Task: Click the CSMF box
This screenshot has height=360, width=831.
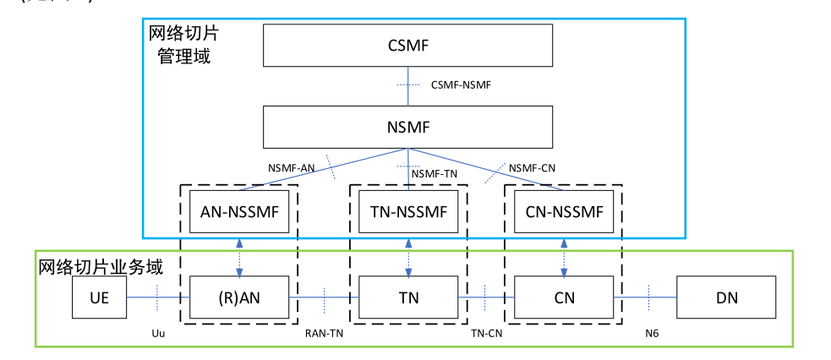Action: pos(408,46)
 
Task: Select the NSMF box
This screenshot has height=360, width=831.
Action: pos(408,127)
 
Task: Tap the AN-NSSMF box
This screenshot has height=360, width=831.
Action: pos(239,211)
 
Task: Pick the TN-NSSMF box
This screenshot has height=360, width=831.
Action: pos(408,211)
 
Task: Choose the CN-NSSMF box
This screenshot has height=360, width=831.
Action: pos(564,211)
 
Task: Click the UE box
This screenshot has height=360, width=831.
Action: pos(100,297)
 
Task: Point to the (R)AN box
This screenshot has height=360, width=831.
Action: pos(239,297)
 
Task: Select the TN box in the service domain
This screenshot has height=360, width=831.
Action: pos(408,297)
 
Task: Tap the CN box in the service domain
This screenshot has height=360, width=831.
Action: pos(564,297)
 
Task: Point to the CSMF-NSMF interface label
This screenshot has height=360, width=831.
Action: pos(461,85)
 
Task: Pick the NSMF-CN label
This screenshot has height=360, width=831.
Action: pos(532,167)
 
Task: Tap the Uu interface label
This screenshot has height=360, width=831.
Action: pos(156,334)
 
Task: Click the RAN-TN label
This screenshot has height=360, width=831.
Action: pos(325,334)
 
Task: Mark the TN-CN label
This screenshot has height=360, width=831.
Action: pos(488,334)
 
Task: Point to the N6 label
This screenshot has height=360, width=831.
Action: pos(651,334)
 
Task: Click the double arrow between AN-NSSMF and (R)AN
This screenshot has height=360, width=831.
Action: pos(239,254)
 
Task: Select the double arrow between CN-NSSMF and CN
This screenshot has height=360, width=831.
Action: pos(564,254)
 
